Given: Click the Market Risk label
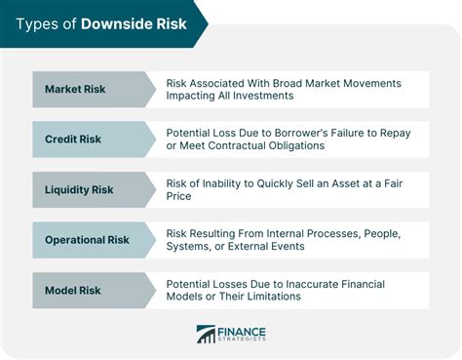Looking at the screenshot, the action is [75, 89].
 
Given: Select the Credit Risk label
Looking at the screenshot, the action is [73, 140].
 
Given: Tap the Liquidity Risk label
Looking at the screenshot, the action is [79, 189].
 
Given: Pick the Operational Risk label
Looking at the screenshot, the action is [87, 240].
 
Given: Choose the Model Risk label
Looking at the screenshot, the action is [73, 291].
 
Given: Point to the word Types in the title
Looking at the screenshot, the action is [37, 24].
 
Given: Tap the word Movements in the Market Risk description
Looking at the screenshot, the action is [372, 83].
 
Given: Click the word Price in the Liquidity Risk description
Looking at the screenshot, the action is [178, 196].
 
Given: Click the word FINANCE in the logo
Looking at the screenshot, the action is [242, 333].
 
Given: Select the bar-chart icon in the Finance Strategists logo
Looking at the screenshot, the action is [206, 334].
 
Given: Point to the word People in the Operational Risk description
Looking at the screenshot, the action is [382, 234].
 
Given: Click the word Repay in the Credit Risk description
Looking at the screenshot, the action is [396, 134].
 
